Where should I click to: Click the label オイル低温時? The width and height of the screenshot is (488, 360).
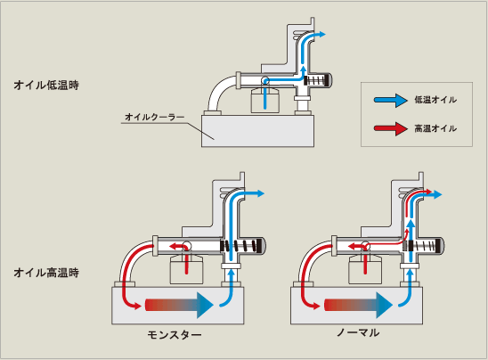pyautogui.click(x=46, y=85)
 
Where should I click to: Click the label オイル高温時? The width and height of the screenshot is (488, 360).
pyautogui.click(x=46, y=273)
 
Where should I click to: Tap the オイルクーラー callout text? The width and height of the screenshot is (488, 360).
pyautogui.click(x=155, y=117)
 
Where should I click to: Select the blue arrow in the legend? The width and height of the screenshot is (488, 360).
pyautogui.click(x=391, y=100)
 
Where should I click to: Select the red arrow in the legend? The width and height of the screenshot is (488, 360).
pyautogui.click(x=391, y=128)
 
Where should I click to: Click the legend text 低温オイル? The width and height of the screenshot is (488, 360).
pyautogui.click(x=435, y=100)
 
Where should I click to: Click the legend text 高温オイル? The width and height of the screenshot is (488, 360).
pyautogui.click(x=435, y=128)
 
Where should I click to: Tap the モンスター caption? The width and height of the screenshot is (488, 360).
pyautogui.click(x=175, y=335)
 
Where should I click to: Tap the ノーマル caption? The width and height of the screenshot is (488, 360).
pyautogui.click(x=358, y=333)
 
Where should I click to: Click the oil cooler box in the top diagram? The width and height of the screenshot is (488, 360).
pyautogui.click(x=257, y=131)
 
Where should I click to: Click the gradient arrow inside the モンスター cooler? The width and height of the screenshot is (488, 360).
pyautogui.click(x=179, y=305)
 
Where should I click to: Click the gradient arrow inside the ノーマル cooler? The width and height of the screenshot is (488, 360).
pyautogui.click(x=358, y=305)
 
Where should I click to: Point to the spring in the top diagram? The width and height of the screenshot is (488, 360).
pyautogui.click(x=316, y=80)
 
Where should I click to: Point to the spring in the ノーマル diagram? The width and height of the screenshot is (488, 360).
pyautogui.click(x=422, y=246)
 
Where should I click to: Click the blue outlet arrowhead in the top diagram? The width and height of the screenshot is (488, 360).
pyautogui.click(x=321, y=34)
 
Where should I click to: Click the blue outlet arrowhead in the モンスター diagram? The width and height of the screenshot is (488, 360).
pyautogui.click(x=260, y=193)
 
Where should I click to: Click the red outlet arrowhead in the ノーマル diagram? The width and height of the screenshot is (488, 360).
pyautogui.click(x=429, y=192)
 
